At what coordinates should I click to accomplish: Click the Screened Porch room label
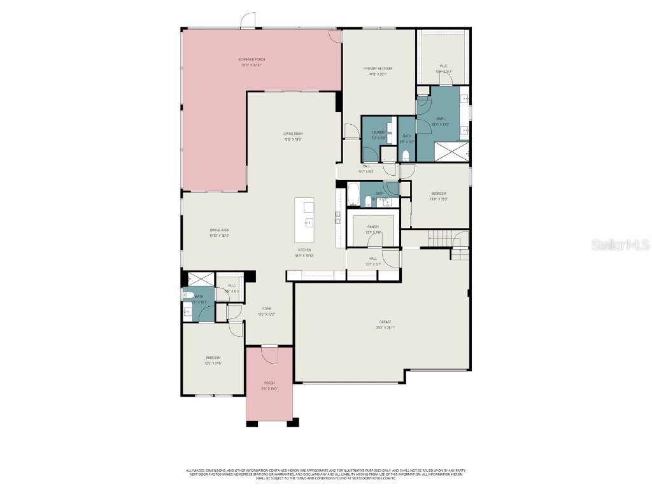[252, 59]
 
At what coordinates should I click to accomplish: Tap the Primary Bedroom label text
[378, 68]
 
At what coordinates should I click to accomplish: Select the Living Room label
[292, 133]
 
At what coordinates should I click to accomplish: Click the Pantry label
[373, 227]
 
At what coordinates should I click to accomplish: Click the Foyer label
[266, 308]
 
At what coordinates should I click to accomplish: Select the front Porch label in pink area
[269, 383]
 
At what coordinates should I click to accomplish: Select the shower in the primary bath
[451, 152]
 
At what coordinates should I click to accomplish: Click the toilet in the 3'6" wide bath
[406, 155]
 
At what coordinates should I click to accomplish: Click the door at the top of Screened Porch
[248, 22]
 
